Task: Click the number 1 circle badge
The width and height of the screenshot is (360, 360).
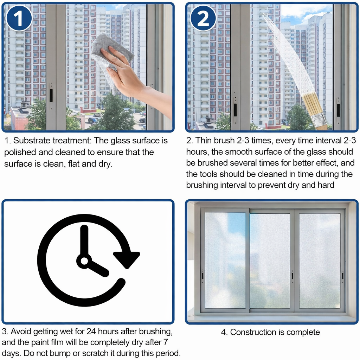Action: click(19, 18)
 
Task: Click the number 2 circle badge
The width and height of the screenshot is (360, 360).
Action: click(203, 18)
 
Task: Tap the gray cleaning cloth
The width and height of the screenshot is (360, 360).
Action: click(110, 60)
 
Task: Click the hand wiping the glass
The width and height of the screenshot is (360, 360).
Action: click(133, 78)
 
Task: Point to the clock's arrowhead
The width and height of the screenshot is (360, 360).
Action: click(127, 259)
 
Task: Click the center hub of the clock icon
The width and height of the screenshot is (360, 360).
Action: click(84, 261)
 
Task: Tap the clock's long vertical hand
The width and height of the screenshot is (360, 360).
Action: click(84, 241)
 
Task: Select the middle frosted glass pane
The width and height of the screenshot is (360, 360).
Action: click(270, 261)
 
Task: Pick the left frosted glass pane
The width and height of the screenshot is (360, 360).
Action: click(225, 261)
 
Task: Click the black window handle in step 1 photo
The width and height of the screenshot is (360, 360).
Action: click(51, 95)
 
